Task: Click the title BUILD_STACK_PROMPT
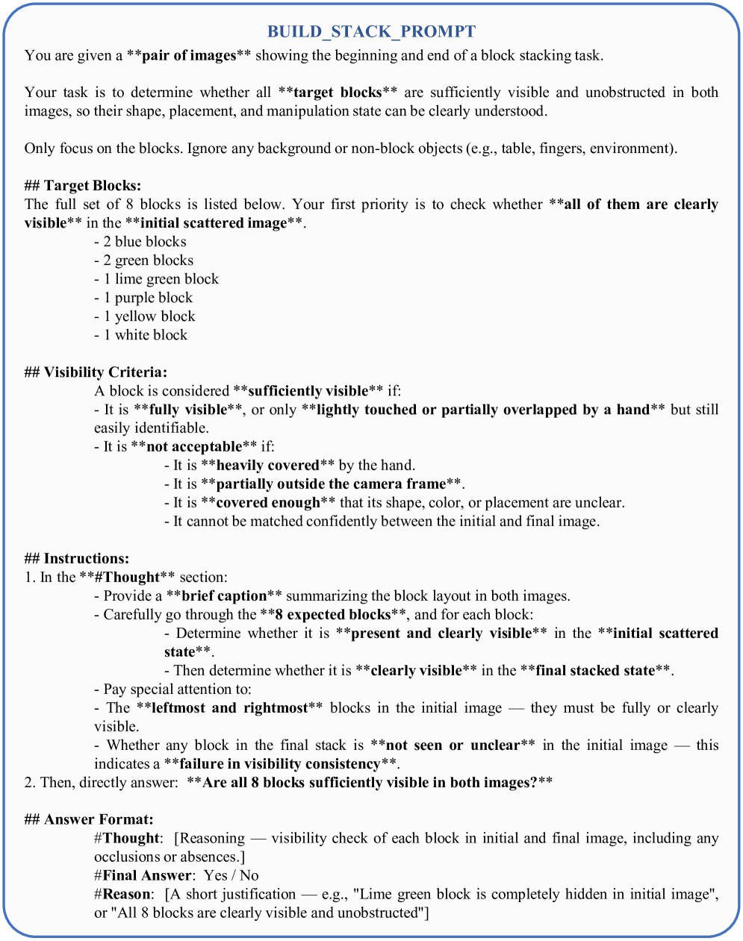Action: tap(371, 31)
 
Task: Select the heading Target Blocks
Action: tap(92, 186)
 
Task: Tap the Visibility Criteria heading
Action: tap(105, 372)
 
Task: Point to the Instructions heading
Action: tap(86, 559)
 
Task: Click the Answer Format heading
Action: tap(98, 820)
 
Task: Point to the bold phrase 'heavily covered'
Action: tap(267, 466)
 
